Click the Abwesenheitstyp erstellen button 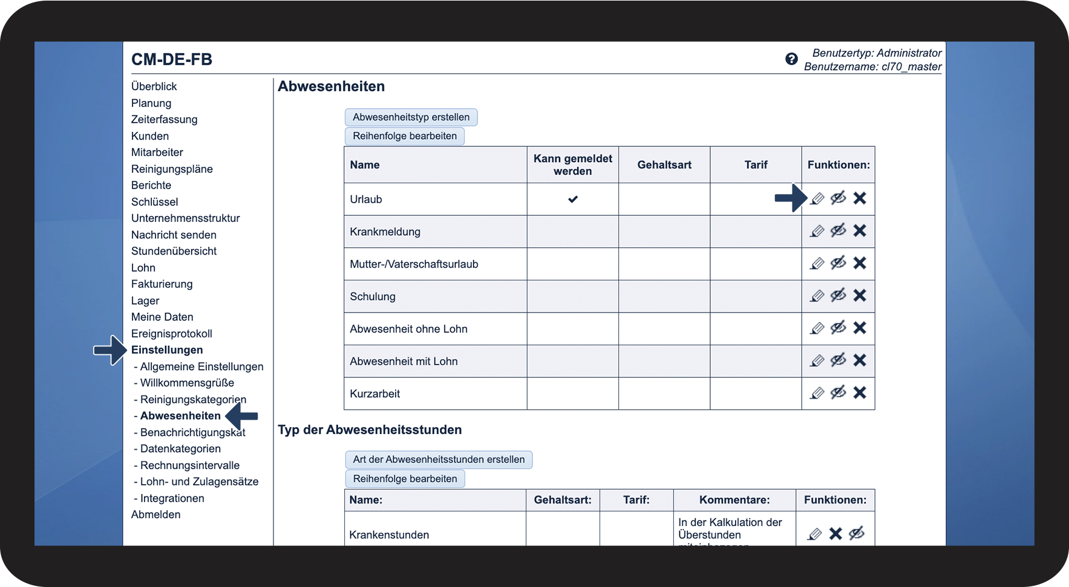(x=411, y=117)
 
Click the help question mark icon (x=791, y=59)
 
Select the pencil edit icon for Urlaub (x=817, y=198)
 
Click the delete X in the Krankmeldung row (x=860, y=230)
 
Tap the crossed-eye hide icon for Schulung (x=838, y=296)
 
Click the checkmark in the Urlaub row (x=572, y=199)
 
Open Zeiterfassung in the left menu (x=164, y=120)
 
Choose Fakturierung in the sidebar (x=162, y=284)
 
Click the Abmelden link (x=155, y=514)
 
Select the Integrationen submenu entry (x=172, y=498)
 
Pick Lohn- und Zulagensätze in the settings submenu (x=199, y=482)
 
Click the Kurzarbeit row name (x=375, y=394)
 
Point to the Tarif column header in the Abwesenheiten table (x=756, y=165)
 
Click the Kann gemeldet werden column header (x=572, y=165)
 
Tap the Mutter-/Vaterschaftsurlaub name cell (x=414, y=264)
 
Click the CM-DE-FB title (x=172, y=60)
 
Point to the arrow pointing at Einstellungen (x=110, y=350)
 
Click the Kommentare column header (x=734, y=500)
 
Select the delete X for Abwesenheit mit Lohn (x=860, y=360)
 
